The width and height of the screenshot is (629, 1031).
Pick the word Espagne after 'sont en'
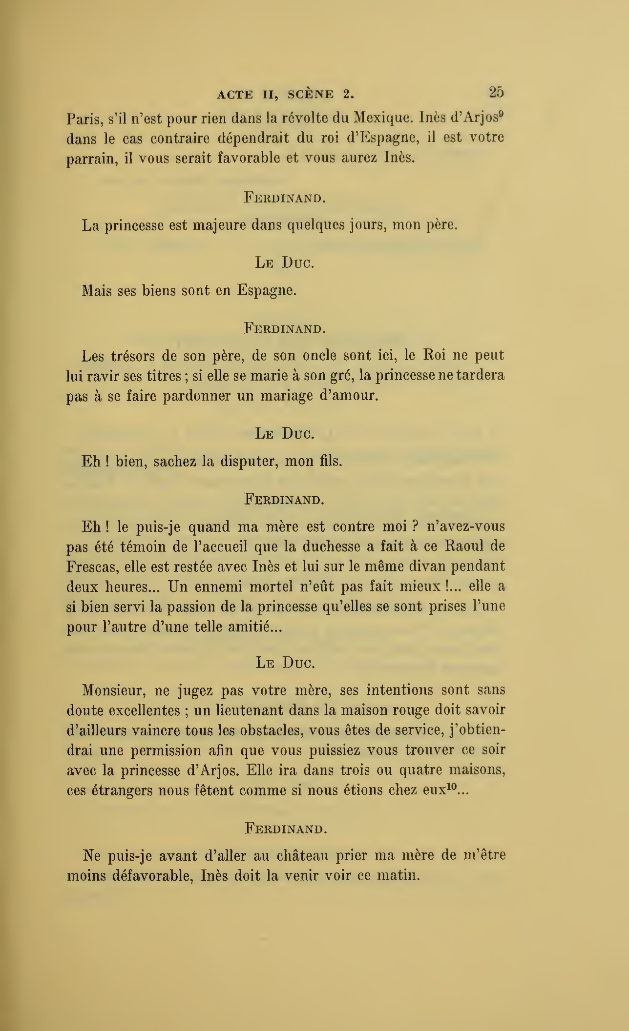[267, 291]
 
